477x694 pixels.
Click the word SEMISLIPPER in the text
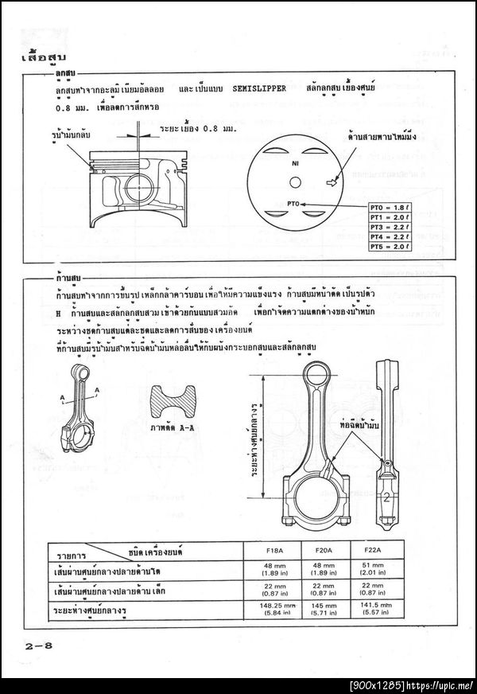258,88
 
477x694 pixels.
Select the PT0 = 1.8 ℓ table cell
389,207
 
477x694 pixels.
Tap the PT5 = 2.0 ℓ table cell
389,247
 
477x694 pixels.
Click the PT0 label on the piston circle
293,205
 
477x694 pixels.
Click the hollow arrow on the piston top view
332,182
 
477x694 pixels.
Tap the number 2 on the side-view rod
385,498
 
